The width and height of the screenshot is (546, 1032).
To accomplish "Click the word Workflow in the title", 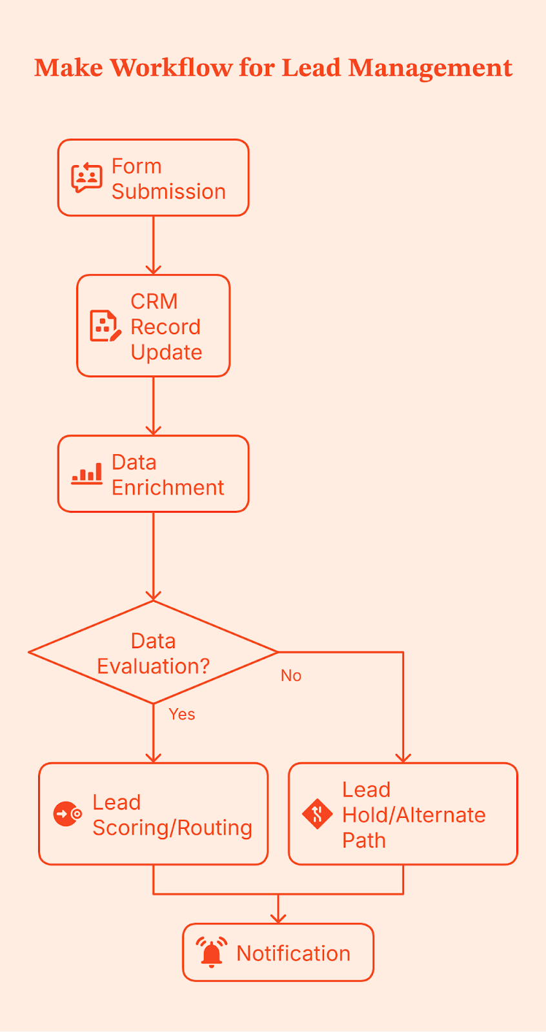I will [x=171, y=68].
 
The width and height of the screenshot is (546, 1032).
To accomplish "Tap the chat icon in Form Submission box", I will [x=86, y=178].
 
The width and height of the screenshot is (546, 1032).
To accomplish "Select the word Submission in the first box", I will [x=168, y=192].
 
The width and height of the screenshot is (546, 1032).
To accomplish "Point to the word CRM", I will [x=154, y=301].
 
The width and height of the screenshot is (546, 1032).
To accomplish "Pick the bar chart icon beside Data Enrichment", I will [x=86, y=474].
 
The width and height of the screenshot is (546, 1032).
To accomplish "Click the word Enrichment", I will [x=168, y=488].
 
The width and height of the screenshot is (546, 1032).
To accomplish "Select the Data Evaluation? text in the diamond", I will [x=153, y=653].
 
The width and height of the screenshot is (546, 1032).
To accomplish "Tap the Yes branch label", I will [x=181, y=714].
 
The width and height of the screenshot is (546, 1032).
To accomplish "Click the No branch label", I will [x=291, y=675].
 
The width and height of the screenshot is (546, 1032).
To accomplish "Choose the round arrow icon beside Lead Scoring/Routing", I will [x=67, y=814].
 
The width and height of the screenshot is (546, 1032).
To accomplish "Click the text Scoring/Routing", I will [x=172, y=828].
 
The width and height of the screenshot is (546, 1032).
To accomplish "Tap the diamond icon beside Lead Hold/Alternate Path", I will [x=317, y=814].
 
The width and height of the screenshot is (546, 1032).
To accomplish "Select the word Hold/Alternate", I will [x=414, y=815].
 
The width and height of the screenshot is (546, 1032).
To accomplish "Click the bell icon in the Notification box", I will [x=211, y=953].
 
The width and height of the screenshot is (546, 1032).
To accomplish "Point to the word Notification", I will [x=293, y=953].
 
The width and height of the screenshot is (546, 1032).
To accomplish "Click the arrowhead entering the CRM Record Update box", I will [x=154, y=270].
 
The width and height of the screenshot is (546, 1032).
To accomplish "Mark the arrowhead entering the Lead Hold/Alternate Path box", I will [x=403, y=758].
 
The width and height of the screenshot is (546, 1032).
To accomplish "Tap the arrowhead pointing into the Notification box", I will [x=278, y=918].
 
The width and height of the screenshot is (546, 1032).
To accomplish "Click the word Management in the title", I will [x=430, y=68].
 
